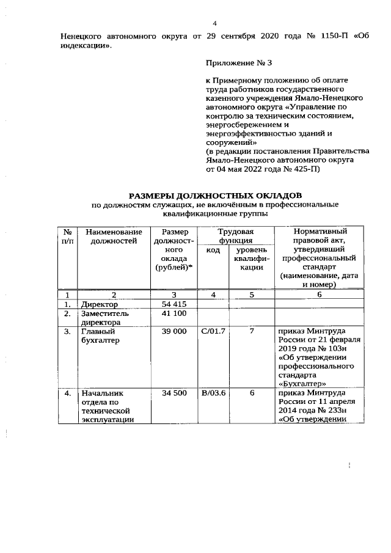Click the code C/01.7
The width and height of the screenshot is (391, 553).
(213, 331)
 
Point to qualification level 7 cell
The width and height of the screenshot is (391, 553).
(251, 331)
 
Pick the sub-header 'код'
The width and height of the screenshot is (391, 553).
(213, 251)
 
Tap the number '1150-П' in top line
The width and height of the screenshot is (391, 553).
(334, 35)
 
